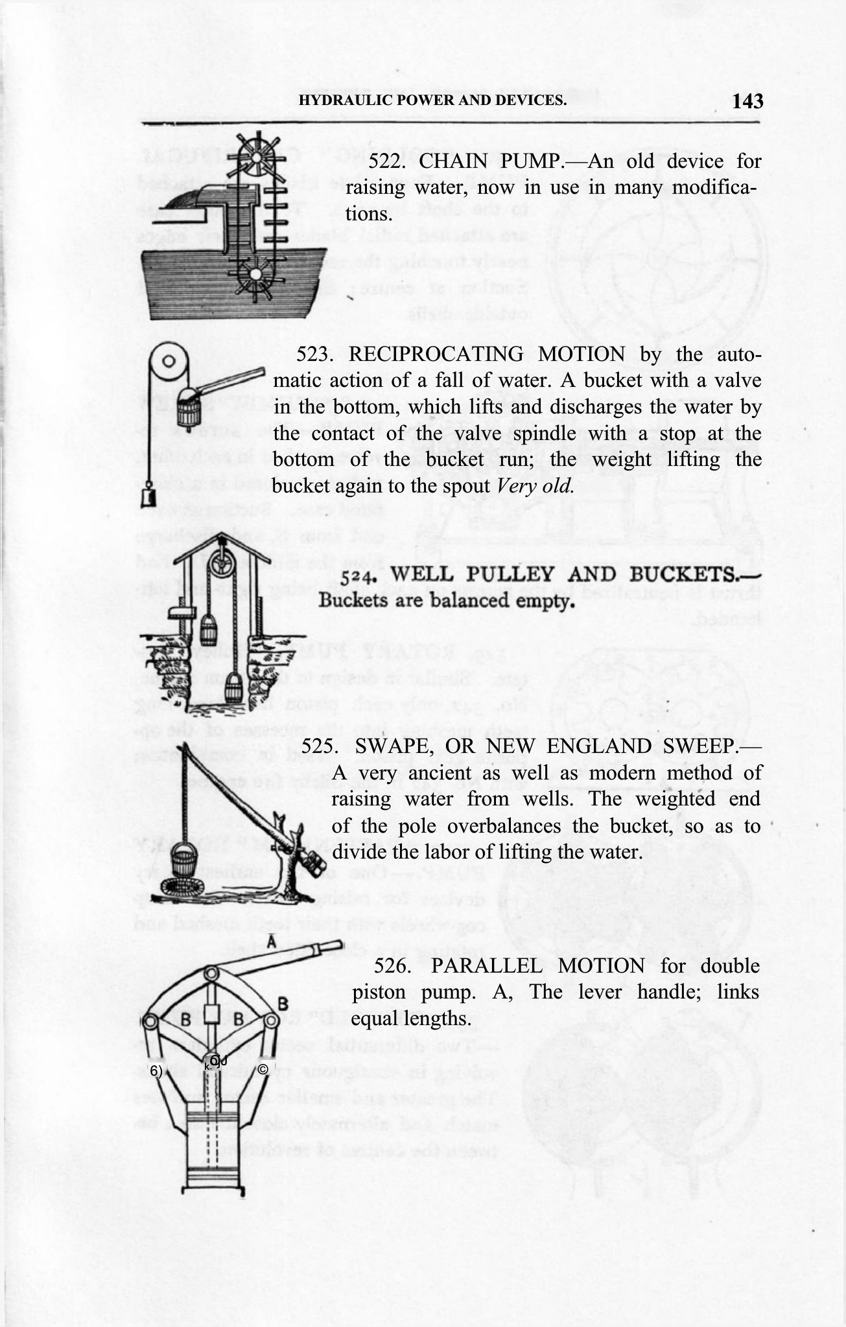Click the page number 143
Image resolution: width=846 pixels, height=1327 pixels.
click(x=748, y=101)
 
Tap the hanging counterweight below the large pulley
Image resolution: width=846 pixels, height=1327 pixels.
click(x=148, y=498)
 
